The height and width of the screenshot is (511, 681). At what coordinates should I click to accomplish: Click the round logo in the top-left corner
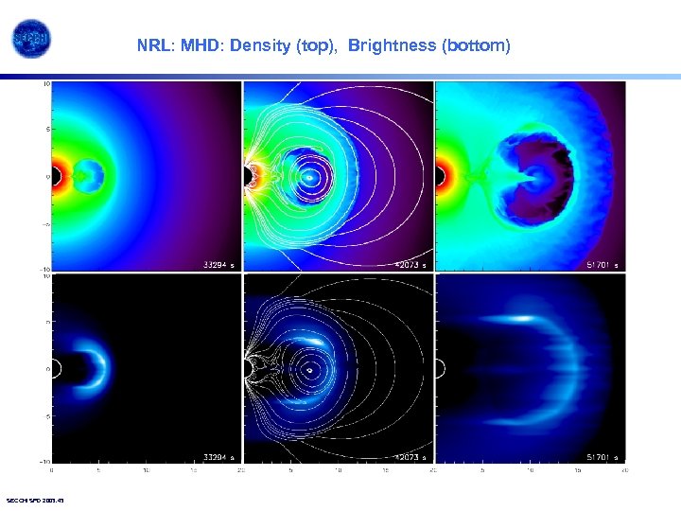[31, 39]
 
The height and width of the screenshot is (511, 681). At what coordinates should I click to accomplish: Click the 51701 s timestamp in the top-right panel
[602, 265]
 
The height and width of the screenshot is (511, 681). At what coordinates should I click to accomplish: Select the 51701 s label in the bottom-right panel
[602, 456]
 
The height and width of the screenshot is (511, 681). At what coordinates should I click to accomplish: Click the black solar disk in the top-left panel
[56, 176]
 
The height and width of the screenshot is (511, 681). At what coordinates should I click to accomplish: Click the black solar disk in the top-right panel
[439, 176]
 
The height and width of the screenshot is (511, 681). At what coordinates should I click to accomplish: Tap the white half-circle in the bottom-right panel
[438, 368]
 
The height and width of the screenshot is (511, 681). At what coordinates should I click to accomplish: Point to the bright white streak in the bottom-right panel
[512, 319]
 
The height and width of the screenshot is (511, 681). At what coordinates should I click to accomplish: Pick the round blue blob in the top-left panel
[90, 174]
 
